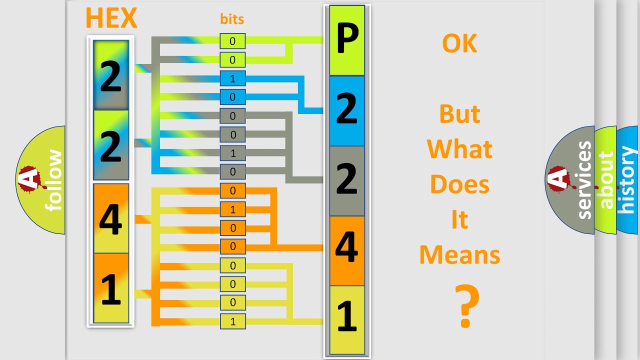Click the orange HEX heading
[x=111, y=18]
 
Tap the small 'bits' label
[x=232, y=19]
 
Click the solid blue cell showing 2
[x=347, y=110]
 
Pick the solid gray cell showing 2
[x=347, y=180]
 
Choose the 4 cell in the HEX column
[x=111, y=218]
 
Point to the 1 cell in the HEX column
[x=111, y=288]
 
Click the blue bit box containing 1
[x=232, y=79]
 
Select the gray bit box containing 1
[x=232, y=153]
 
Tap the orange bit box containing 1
[x=232, y=209]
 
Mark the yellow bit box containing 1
[x=232, y=321]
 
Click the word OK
[x=459, y=44]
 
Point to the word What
[x=459, y=149]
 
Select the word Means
[x=459, y=255]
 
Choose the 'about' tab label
[x=606, y=180]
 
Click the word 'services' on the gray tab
[x=584, y=180]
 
